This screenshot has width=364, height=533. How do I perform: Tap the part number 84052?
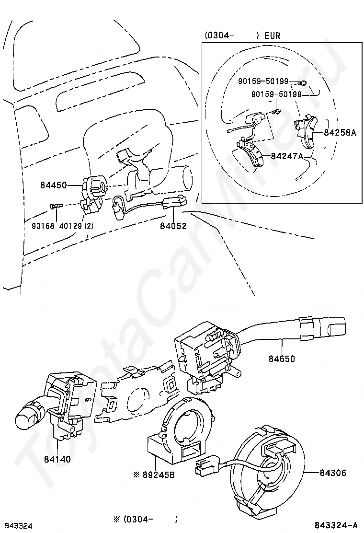(x=173, y=226)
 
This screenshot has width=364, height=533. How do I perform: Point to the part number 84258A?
(x=340, y=132)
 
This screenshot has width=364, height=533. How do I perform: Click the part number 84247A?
(x=287, y=156)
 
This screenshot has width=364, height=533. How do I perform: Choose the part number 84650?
(x=281, y=358)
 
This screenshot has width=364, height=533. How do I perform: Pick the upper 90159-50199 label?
(x=263, y=81)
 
